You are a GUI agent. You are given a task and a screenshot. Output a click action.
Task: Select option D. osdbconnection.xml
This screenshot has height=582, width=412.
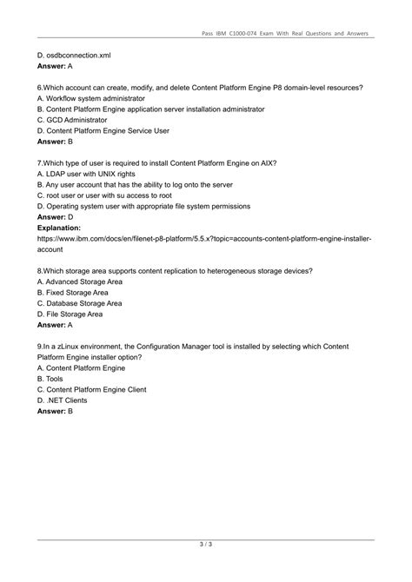75,55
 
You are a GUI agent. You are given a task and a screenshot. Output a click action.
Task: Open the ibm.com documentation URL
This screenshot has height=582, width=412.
205,237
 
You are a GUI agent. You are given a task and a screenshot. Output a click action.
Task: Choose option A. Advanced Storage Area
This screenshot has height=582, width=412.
80,282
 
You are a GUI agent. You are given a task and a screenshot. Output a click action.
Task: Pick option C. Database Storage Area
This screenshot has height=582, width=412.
80,303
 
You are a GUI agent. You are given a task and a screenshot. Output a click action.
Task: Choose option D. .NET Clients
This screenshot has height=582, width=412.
62,400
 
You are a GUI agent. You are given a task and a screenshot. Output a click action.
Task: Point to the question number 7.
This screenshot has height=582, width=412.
41,163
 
